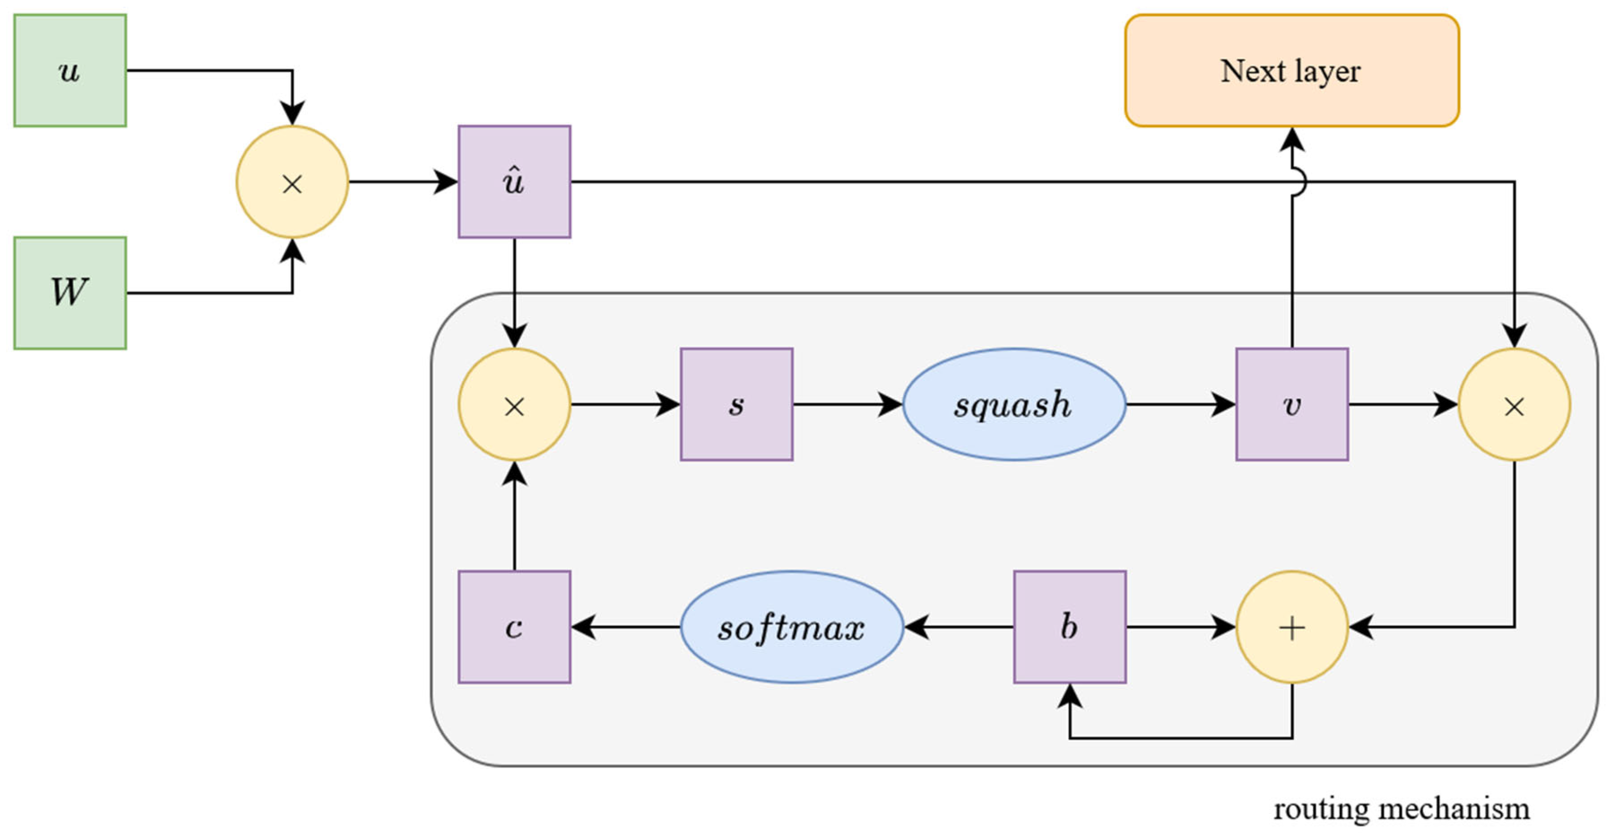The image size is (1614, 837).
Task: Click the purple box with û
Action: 514,182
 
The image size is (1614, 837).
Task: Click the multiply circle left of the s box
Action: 514,405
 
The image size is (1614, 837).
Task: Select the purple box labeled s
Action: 736,405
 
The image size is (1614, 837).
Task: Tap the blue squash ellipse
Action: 1014,405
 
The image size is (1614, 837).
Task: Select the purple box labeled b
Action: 1070,627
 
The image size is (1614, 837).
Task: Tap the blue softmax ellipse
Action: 791,627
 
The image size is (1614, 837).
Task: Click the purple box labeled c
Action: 514,627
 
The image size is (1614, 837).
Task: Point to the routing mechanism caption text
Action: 1401,809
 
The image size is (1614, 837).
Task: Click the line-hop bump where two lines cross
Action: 1298,182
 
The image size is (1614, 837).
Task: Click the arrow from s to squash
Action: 847,405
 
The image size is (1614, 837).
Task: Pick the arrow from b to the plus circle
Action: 1180,627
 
